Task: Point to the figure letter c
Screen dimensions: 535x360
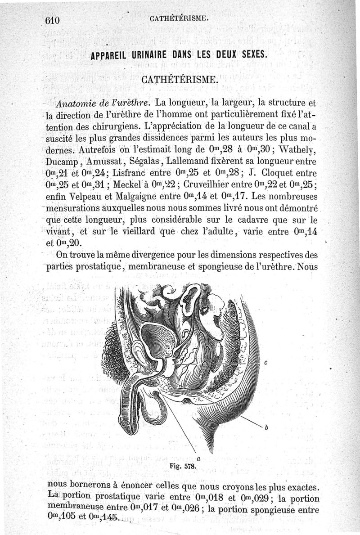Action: pos(266,363)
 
